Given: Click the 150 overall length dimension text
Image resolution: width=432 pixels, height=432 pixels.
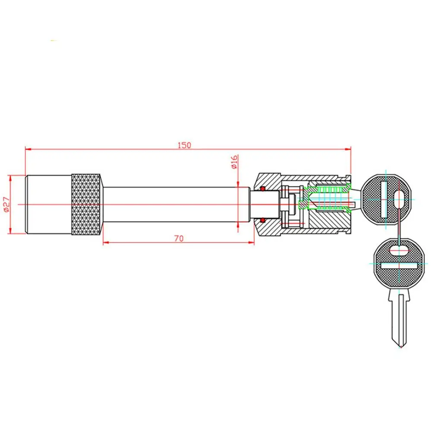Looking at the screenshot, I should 184,145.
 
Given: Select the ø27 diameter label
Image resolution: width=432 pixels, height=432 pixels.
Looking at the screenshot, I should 5,204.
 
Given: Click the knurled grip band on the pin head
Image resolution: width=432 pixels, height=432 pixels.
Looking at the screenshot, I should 87,204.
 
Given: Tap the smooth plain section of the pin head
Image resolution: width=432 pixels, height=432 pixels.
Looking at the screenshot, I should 49,204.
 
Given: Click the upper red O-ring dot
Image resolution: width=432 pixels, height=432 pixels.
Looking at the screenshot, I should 262,189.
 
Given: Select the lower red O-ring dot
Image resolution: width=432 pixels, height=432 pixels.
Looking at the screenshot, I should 262,220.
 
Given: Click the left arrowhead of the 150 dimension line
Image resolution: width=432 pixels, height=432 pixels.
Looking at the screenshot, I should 27,149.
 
